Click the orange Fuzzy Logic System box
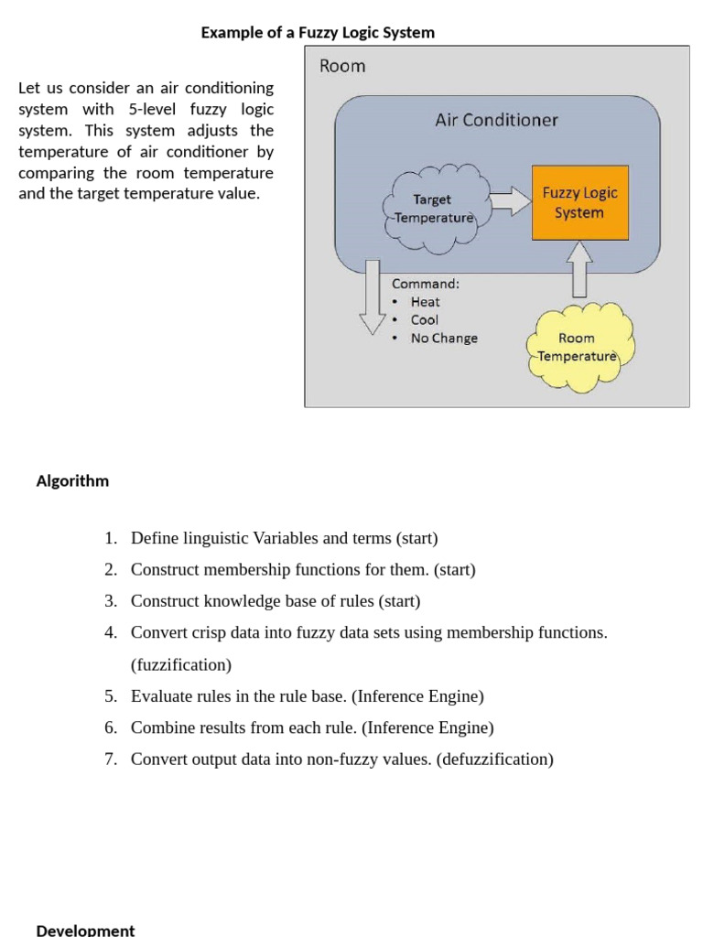point(579,202)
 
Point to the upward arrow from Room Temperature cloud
point(579,269)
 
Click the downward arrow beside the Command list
point(372,296)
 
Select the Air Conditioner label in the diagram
point(496,120)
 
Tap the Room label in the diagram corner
point(341,66)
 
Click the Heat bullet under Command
point(425,302)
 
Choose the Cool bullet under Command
point(424,320)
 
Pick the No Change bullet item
point(444,339)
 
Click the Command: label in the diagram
point(426,284)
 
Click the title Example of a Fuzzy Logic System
point(318,33)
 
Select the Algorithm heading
point(72,481)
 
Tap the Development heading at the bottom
point(85,930)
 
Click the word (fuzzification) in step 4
point(181,664)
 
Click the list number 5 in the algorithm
point(110,696)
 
